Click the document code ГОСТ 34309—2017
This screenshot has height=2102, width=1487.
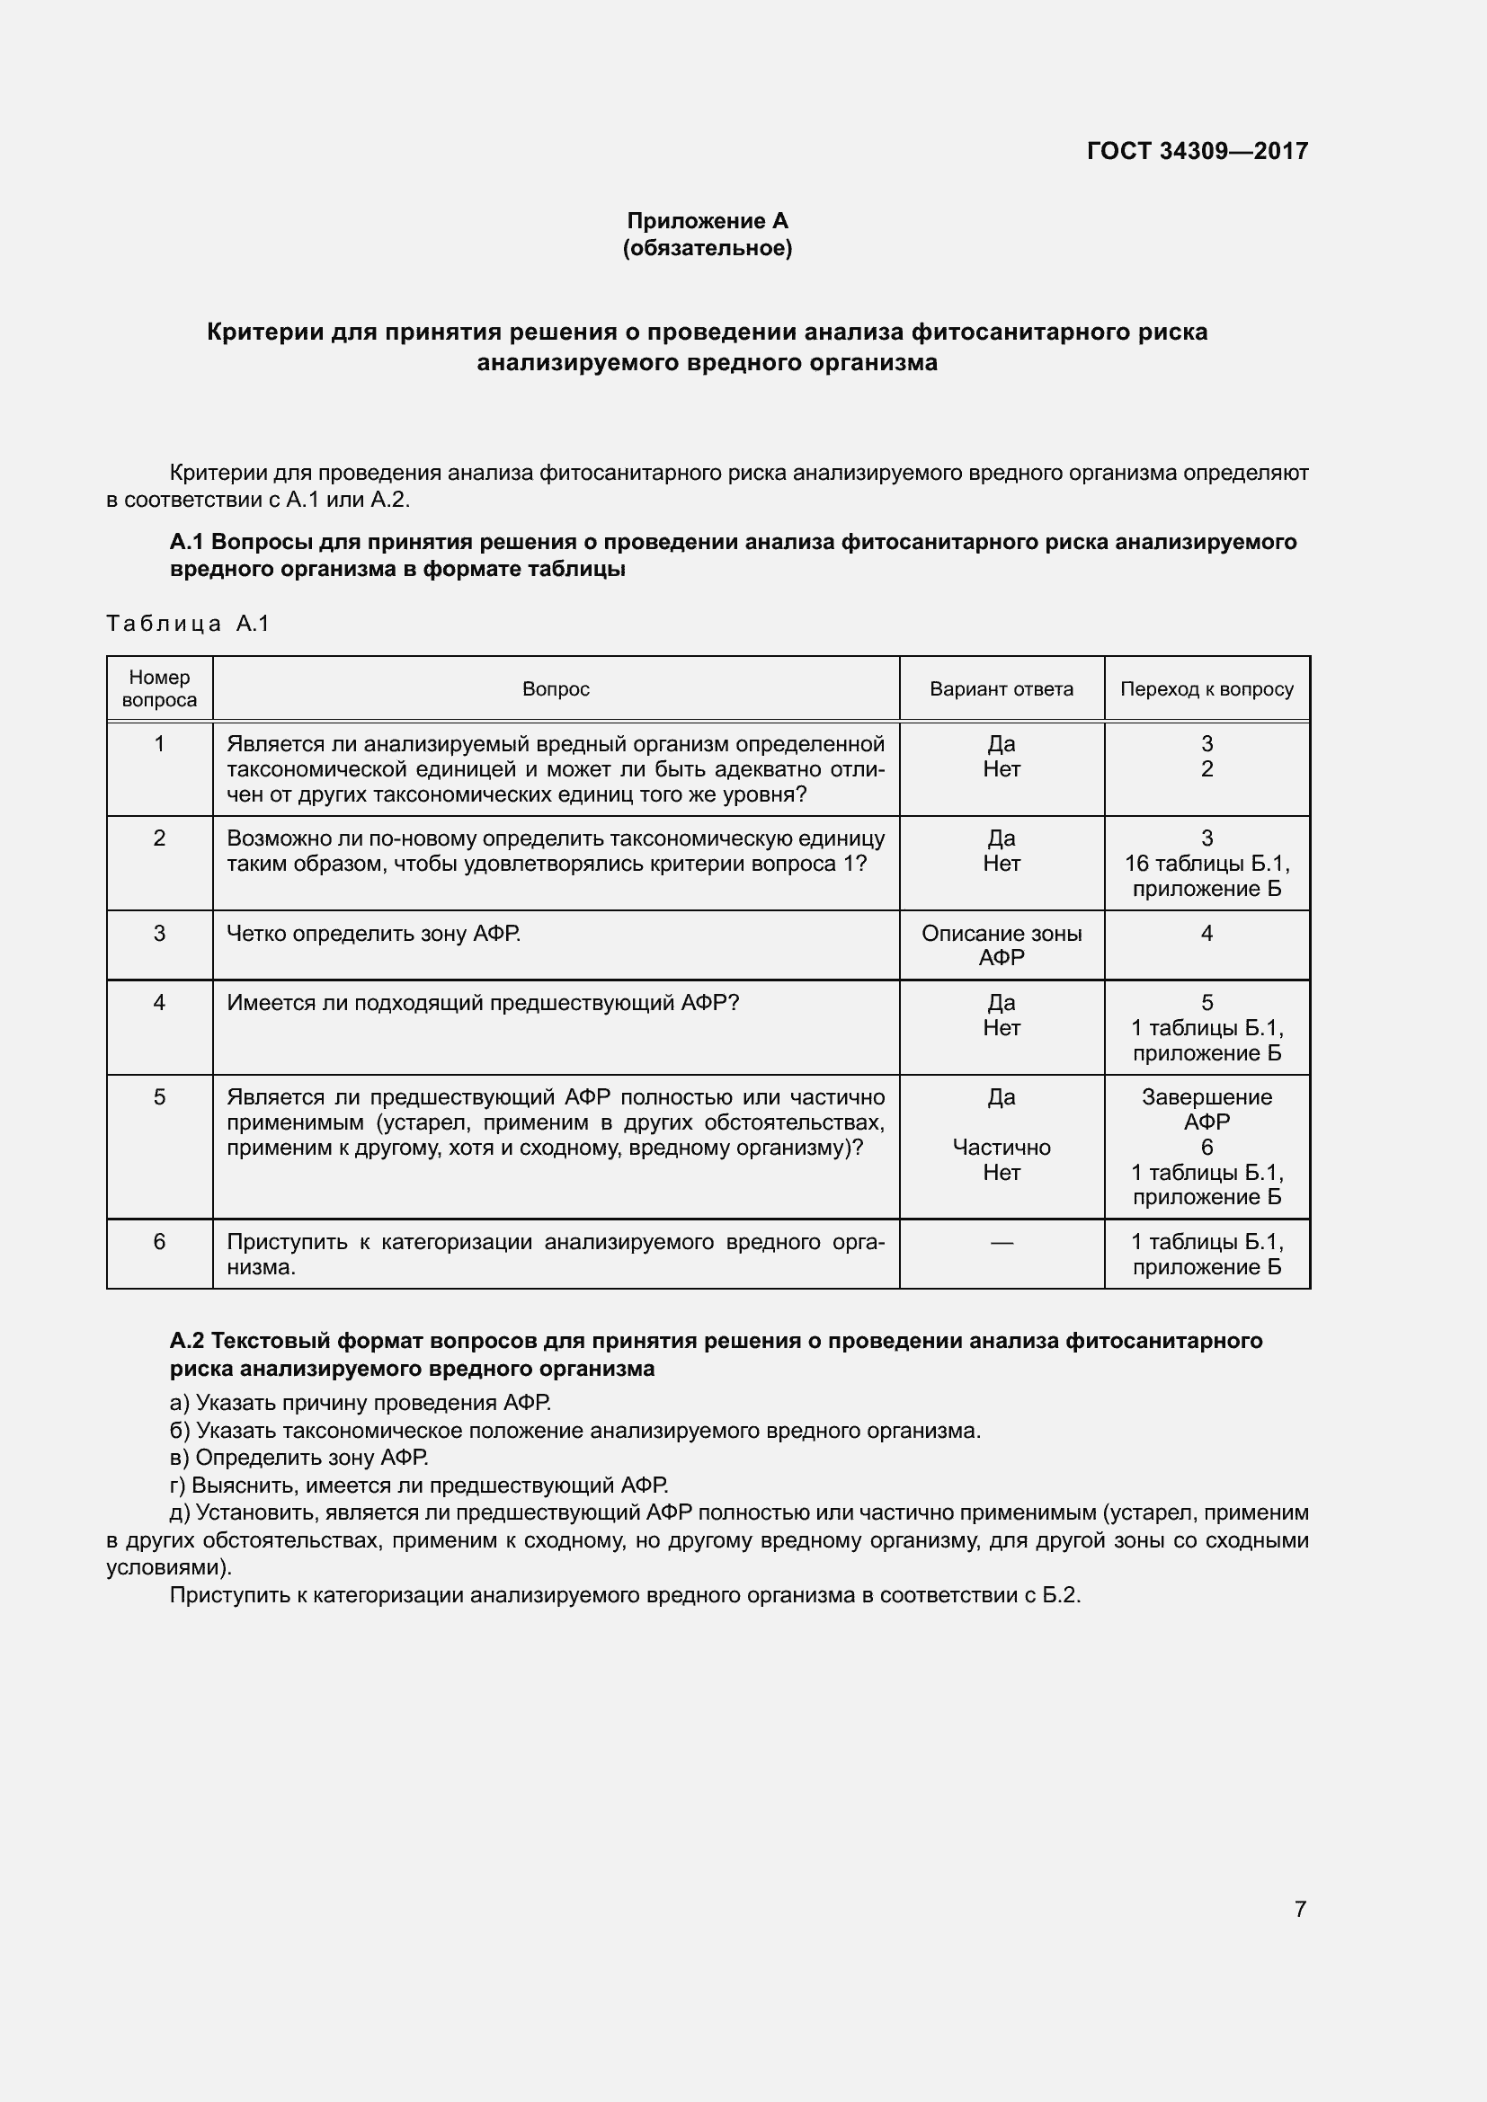tap(1197, 151)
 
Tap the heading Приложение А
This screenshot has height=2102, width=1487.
tap(707, 221)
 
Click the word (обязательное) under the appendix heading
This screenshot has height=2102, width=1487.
tap(707, 248)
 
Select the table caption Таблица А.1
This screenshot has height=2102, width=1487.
tap(188, 624)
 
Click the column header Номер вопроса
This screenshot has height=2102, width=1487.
tap(159, 688)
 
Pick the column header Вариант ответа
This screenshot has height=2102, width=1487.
tap(1001, 689)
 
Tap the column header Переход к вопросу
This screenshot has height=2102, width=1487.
tap(1206, 689)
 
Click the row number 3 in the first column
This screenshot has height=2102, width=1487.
tap(159, 933)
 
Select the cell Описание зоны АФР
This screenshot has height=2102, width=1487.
tap(1001, 945)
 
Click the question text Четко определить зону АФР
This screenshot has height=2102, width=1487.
tap(374, 934)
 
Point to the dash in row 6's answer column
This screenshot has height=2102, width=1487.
tap(1001, 1242)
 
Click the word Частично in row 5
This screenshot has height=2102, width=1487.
tap(1001, 1147)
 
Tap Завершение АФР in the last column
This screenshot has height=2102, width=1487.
tap(1206, 1109)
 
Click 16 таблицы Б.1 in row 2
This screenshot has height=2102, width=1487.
tap(1206, 864)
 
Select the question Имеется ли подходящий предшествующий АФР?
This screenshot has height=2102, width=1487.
tap(483, 1003)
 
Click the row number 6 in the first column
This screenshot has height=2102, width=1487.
tap(159, 1241)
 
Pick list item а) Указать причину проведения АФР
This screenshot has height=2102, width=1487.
tap(361, 1403)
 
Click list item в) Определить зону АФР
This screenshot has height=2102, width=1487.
tap(299, 1458)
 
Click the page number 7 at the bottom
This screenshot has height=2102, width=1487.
tap(1299, 1909)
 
